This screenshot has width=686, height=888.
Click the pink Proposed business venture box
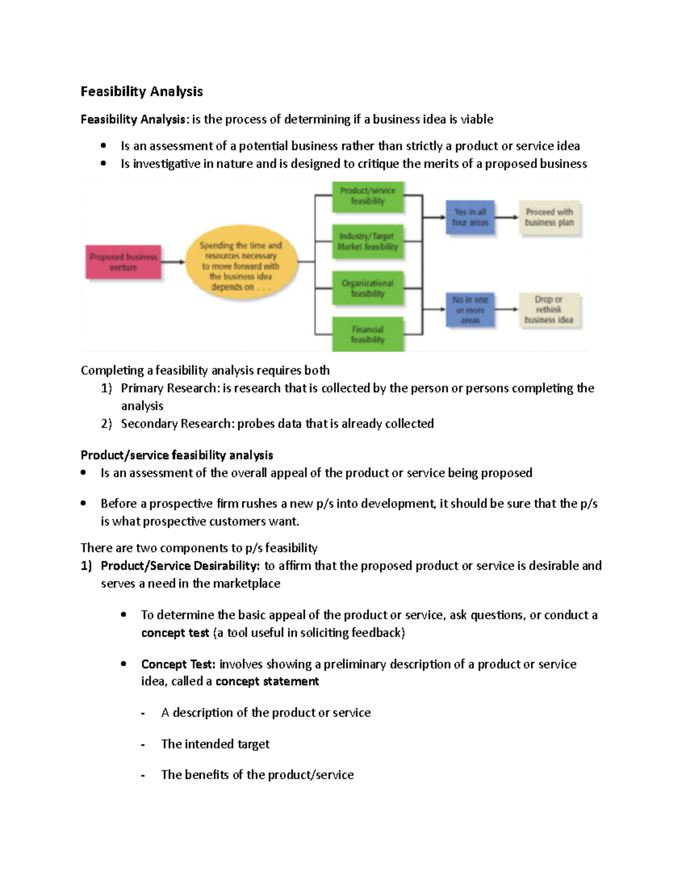[x=123, y=262]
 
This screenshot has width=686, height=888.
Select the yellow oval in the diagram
[x=241, y=266]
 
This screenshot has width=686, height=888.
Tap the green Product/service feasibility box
[x=368, y=196]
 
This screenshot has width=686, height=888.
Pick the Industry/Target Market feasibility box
[x=368, y=241]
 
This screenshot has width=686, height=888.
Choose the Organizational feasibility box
[x=368, y=288]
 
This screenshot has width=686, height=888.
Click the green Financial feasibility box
[x=368, y=335]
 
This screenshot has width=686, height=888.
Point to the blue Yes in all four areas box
[x=470, y=217]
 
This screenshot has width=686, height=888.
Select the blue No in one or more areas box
[x=470, y=310]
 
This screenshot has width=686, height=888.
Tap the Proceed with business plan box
[x=549, y=217]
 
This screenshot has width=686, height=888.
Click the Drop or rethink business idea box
[x=549, y=310]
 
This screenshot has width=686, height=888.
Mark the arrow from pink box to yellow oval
[x=173, y=262]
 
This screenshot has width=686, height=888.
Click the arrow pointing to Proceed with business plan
[x=506, y=217]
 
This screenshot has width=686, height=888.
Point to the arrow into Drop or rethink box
[x=506, y=309]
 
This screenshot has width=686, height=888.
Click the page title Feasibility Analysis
[x=142, y=91]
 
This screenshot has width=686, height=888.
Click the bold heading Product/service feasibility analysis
[x=177, y=455]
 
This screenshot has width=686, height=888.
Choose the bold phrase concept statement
[x=267, y=682]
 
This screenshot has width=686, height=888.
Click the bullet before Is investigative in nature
[x=103, y=164]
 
